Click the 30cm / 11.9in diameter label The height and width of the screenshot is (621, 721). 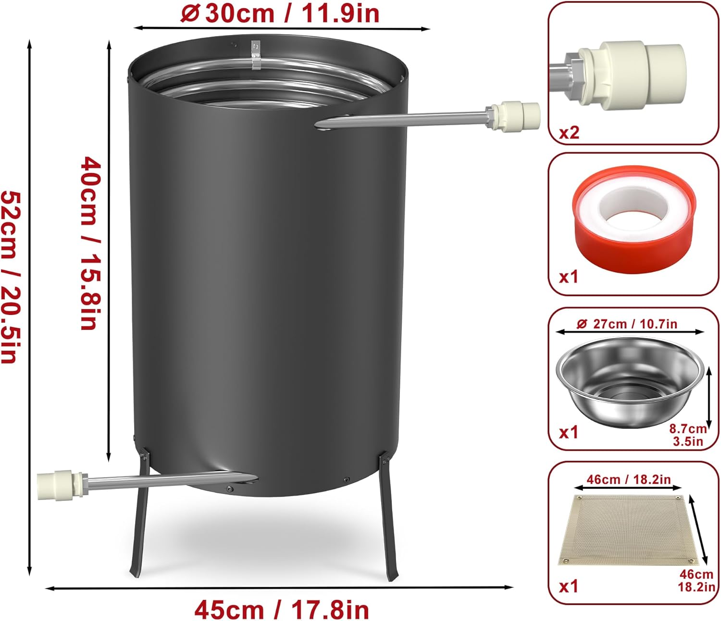(280, 13)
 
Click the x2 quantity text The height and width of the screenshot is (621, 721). (569, 133)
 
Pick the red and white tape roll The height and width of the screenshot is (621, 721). (634, 219)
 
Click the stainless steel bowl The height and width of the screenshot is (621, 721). (630, 382)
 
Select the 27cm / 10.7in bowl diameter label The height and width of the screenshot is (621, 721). (626, 324)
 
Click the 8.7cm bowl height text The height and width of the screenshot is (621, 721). (688, 428)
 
